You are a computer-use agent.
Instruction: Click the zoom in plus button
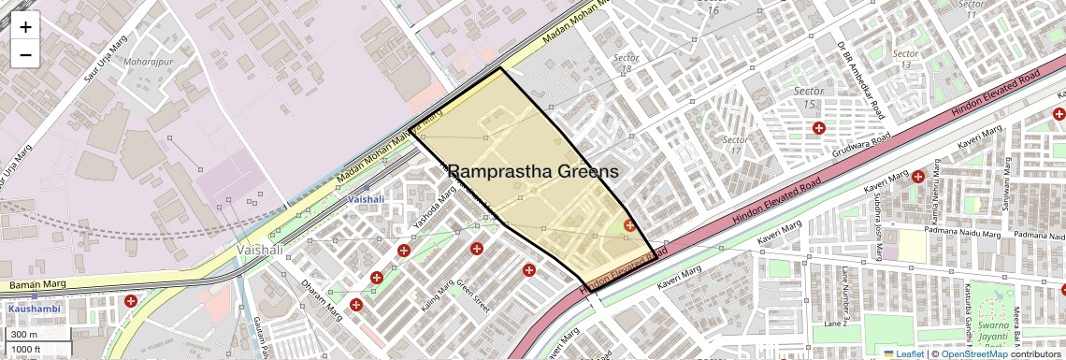pyautogui.click(x=25, y=26)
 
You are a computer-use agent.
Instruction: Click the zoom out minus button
pyautogui.click(x=25, y=54)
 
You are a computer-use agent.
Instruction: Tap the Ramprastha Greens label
pyautogui.click(x=533, y=172)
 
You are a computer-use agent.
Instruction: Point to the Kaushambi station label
pyautogui.click(x=34, y=308)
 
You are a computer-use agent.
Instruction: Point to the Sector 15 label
pyautogui.click(x=810, y=97)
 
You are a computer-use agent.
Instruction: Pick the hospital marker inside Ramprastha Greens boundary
pyautogui.click(x=630, y=224)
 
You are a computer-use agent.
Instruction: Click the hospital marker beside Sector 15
pyautogui.click(x=819, y=127)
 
